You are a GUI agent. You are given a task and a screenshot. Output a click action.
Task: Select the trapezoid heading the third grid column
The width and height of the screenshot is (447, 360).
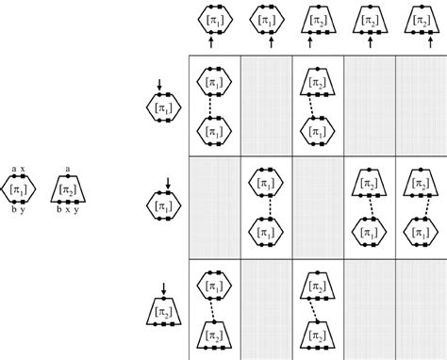(x=318, y=19)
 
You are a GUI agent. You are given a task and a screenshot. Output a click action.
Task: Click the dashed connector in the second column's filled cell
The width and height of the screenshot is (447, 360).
(x=267, y=207)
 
